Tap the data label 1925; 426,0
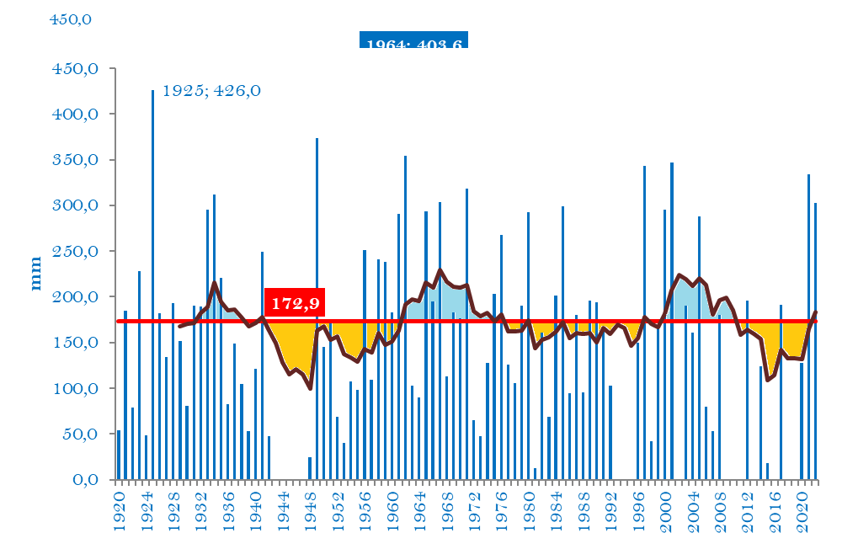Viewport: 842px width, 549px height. point(211,90)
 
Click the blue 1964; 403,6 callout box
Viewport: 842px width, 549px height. point(413,41)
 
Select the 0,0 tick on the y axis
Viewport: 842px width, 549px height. point(87,480)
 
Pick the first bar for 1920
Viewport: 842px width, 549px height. point(119,455)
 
